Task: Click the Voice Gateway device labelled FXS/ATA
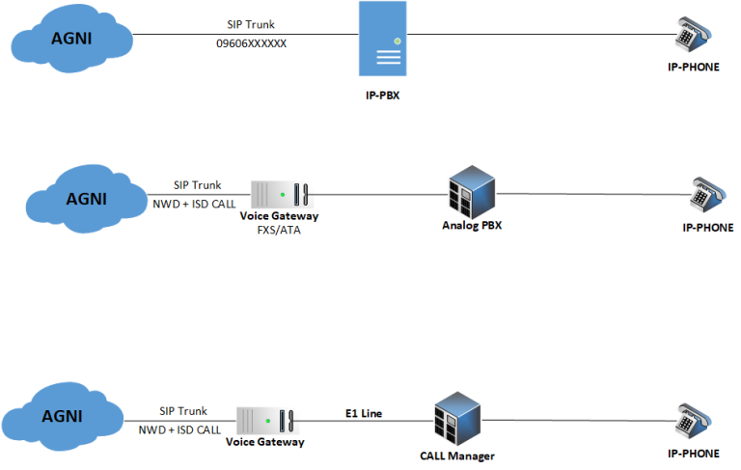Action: (278, 194)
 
